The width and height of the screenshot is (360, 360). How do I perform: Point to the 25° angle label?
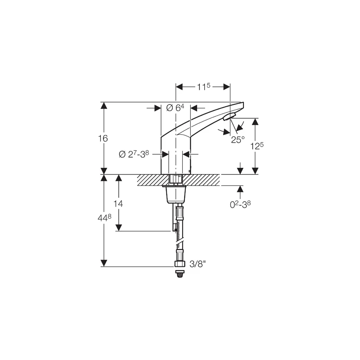(238, 139)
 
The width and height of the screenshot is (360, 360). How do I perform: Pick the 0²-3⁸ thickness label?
(240, 204)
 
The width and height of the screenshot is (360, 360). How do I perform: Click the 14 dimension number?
(118, 203)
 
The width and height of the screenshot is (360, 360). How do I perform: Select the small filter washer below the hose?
(180, 273)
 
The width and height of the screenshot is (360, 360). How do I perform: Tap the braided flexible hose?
(180, 234)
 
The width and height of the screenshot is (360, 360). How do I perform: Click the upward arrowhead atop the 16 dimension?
(104, 106)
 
